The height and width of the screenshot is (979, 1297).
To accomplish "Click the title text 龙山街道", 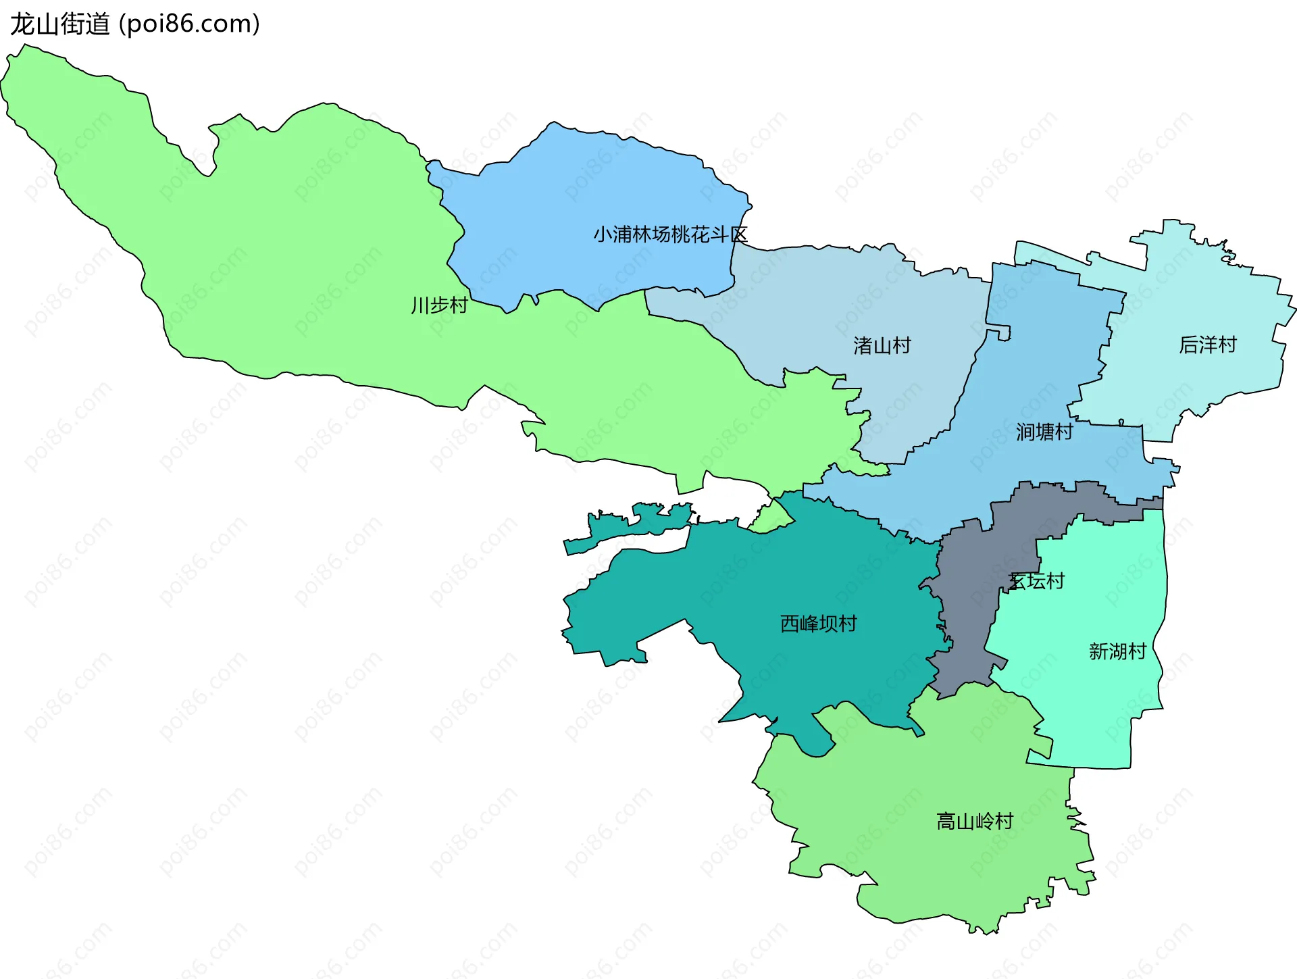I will coord(59,24).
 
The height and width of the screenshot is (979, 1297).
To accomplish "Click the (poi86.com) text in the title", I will coord(189,24).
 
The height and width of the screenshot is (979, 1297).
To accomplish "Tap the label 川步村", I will coord(439,305).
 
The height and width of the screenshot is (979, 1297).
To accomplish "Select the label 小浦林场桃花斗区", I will coord(670,234).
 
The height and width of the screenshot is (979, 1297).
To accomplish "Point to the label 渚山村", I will coord(882,345).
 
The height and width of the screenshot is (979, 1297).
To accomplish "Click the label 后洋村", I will coord(1207,345).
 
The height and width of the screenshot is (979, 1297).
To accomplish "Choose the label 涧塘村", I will coord(1044,432).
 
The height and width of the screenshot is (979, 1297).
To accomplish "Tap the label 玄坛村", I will coord(1037,581).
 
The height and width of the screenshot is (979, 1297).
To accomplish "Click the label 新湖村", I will coord(1117,651).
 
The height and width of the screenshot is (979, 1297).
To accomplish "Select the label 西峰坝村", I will coord(818,623).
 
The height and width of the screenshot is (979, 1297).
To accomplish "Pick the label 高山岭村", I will coord(975,821).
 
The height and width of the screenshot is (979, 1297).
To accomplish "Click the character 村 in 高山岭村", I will coord(1004,821).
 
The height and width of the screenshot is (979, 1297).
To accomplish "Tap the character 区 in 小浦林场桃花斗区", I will coord(739,234).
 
